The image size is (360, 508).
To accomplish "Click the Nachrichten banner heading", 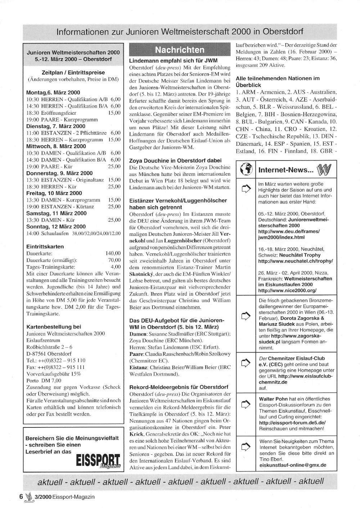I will [179, 50].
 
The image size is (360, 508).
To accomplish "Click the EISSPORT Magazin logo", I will [98, 461].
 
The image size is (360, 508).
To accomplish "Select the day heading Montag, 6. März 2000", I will [53, 92].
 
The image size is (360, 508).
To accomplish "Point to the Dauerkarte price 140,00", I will [113, 253].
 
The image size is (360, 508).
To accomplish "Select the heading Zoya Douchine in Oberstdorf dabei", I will [175, 160].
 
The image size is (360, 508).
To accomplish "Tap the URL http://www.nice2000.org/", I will [287, 290].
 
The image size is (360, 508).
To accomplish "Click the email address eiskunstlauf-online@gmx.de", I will [293, 465].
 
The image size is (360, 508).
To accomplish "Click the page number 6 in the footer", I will [21, 496].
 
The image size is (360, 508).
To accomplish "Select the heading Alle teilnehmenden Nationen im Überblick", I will [278, 82].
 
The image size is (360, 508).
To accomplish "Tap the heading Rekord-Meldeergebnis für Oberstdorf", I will [179, 387].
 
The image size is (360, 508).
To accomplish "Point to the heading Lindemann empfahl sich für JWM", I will [173, 60].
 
